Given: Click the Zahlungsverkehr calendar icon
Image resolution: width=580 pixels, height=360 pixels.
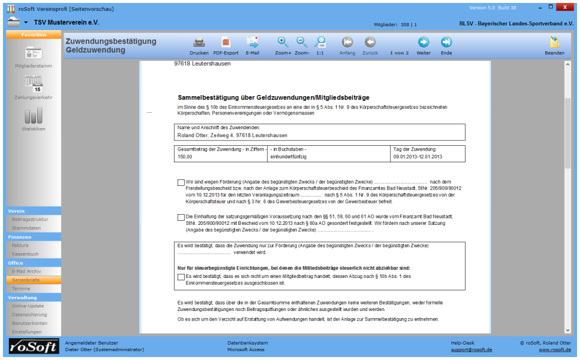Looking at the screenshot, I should (33, 84).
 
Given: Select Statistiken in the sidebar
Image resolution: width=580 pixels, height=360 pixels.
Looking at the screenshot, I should (33, 116).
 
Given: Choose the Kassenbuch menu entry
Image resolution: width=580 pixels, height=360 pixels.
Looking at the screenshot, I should (25, 254).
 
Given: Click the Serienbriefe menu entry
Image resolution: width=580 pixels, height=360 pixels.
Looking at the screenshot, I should (25, 280).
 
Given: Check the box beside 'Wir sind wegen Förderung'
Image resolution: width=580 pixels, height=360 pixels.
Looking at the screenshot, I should (181, 182).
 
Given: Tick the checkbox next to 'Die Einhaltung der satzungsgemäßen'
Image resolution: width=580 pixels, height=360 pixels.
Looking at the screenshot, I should (181, 218).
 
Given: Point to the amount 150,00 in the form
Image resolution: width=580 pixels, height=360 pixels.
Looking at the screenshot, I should (185, 157).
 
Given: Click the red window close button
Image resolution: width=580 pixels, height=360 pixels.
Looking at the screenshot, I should (565, 8).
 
